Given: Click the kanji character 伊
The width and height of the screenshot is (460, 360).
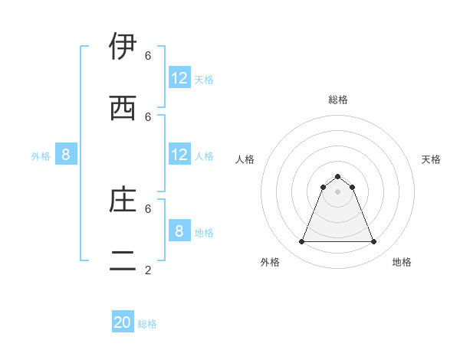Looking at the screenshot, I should [x=123, y=47].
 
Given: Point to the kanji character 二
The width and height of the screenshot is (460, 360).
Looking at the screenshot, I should [x=123, y=260].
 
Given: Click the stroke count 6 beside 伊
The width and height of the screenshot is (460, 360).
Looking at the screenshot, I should [x=148, y=55].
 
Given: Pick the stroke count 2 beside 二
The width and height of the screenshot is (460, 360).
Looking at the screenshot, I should [x=148, y=270].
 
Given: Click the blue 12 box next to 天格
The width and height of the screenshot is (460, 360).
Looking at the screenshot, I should [x=179, y=78].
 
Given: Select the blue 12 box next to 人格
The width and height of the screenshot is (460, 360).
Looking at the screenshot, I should [x=179, y=155].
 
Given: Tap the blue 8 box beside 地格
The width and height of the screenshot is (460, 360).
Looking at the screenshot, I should [x=179, y=231].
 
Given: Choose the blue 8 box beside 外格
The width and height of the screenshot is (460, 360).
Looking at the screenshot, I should [x=66, y=155].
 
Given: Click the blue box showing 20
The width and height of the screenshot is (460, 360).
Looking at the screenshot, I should [x=123, y=323].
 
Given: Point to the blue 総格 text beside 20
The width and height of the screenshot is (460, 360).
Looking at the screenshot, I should [x=147, y=324].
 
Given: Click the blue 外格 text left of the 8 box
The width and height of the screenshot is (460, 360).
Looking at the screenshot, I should [x=41, y=156].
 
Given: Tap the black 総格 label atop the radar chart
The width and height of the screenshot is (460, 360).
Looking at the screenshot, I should [x=338, y=100].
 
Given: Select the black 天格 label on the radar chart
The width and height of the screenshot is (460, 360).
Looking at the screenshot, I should [x=432, y=159].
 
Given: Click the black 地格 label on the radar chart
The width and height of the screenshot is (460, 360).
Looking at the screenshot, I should [x=402, y=262].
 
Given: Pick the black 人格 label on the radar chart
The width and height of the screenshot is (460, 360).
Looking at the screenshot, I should [x=245, y=159].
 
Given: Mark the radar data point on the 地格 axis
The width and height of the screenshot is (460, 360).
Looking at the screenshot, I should [x=374, y=242].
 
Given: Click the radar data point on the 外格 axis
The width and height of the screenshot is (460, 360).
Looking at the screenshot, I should [x=301, y=242].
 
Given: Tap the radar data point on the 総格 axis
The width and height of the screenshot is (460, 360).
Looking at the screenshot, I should [x=338, y=176].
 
